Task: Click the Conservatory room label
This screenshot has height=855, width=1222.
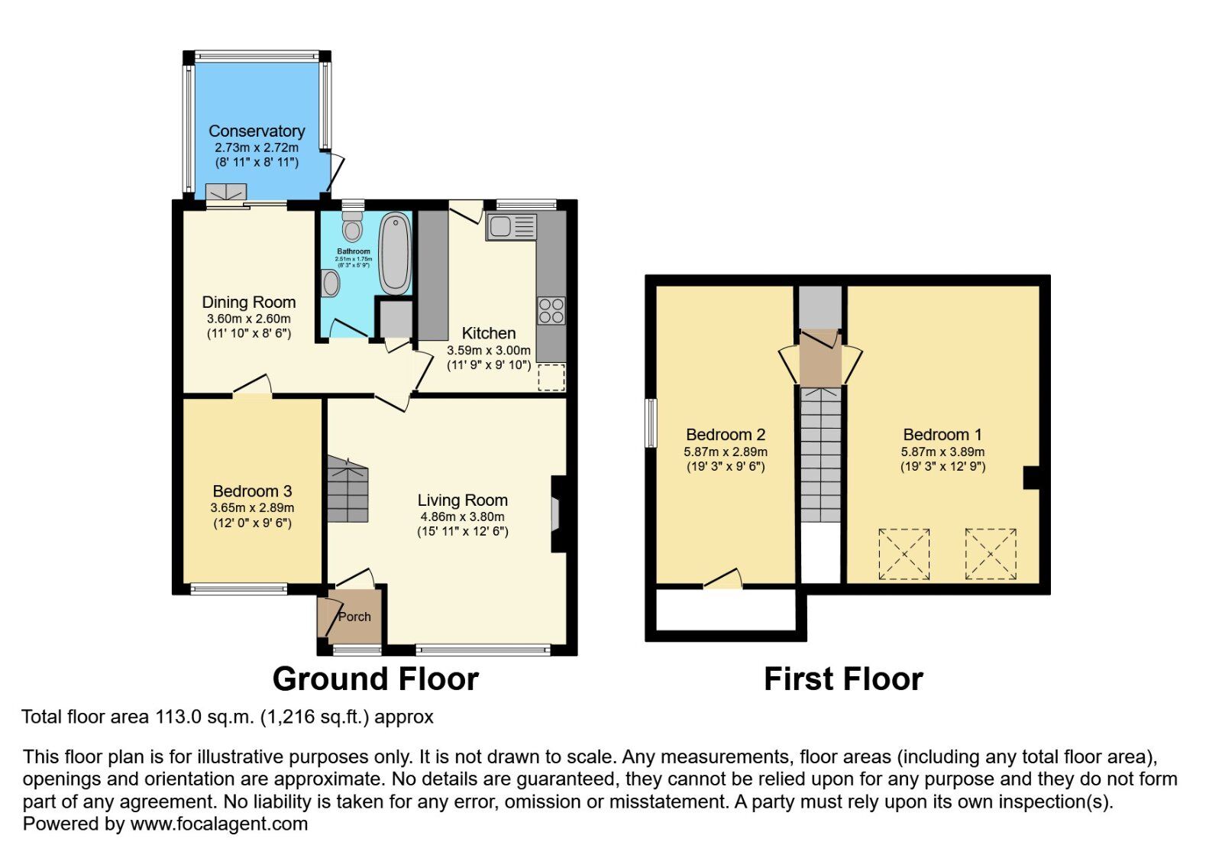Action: click(x=257, y=131)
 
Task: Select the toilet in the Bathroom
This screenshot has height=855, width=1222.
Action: click(x=352, y=226)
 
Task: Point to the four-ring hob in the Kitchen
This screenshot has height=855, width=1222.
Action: click(x=551, y=310)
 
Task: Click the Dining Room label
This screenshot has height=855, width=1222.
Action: click(x=249, y=302)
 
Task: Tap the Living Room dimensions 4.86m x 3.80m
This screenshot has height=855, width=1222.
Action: click(x=462, y=517)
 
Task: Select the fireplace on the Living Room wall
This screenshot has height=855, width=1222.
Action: click(x=556, y=513)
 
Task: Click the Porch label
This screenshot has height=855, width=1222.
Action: click(x=354, y=617)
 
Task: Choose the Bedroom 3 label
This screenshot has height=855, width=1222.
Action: click(x=252, y=491)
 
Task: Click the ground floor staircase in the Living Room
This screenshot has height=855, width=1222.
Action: click(x=348, y=490)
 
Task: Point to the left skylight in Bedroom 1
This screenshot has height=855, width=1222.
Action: click(x=904, y=553)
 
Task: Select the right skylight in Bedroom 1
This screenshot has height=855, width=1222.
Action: click(x=991, y=553)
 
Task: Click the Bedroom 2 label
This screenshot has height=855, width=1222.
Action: click(x=726, y=435)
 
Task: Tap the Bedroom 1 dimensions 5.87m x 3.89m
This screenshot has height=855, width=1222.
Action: click(x=942, y=452)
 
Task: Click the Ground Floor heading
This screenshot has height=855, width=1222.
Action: click(x=375, y=679)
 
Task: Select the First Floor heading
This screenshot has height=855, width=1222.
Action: click(x=843, y=679)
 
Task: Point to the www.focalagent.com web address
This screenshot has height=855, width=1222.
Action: click(x=219, y=824)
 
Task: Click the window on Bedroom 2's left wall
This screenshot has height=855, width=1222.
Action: click(x=651, y=423)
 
